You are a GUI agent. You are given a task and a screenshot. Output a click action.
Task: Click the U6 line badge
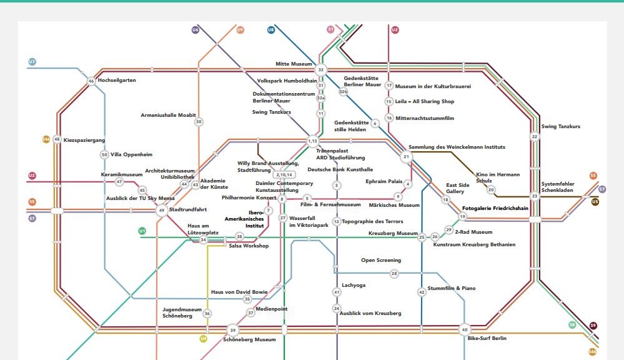point(196,30)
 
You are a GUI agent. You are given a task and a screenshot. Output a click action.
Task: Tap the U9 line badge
point(240,30)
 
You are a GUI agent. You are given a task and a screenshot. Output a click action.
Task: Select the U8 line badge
point(271,30)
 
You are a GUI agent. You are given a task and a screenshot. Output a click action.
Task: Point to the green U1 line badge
point(142,231)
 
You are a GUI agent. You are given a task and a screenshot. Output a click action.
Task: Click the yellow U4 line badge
point(204,339)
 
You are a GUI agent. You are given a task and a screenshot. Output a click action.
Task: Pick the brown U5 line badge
point(595,202)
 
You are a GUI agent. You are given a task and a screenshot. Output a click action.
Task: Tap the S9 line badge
point(593,326)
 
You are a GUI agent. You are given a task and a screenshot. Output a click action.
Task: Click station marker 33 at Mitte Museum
point(321,70)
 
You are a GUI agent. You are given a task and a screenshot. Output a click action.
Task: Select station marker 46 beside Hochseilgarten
point(91,81)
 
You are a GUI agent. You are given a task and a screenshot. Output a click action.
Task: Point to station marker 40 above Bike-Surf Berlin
point(465,330)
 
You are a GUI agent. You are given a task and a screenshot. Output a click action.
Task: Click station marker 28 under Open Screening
point(394,274)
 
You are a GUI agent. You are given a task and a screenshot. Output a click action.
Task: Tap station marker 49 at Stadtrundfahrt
point(162,210)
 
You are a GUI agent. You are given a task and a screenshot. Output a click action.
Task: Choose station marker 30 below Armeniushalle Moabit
point(199,122)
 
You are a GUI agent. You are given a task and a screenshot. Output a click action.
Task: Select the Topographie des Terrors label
point(372,221)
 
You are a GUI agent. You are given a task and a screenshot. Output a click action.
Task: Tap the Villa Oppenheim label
point(131,154)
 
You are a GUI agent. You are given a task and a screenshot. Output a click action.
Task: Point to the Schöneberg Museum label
point(249,340)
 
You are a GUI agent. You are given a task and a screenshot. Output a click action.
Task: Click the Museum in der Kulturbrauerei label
point(433,86)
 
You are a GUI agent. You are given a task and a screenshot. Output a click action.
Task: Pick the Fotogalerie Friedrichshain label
point(495,208)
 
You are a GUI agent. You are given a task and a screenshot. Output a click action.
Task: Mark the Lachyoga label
point(354,286)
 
